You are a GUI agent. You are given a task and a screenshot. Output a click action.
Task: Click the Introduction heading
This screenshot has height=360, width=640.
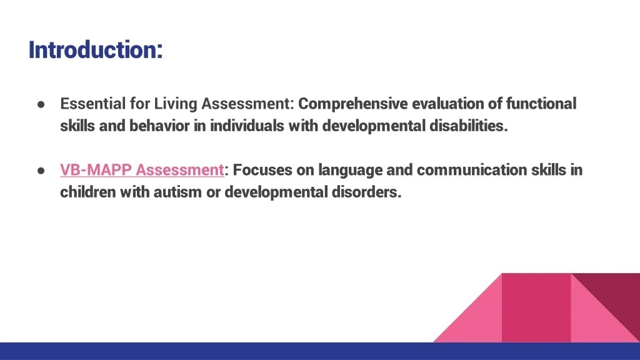click(x=95, y=49)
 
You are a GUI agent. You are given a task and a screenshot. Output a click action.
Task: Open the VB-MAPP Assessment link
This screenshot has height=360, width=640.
click(x=142, y=170)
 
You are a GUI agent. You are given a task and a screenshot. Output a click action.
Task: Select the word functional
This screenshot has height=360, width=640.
click(x=541, y=103)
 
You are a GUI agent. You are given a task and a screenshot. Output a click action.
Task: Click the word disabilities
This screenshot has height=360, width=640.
click(x=468, y=126)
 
